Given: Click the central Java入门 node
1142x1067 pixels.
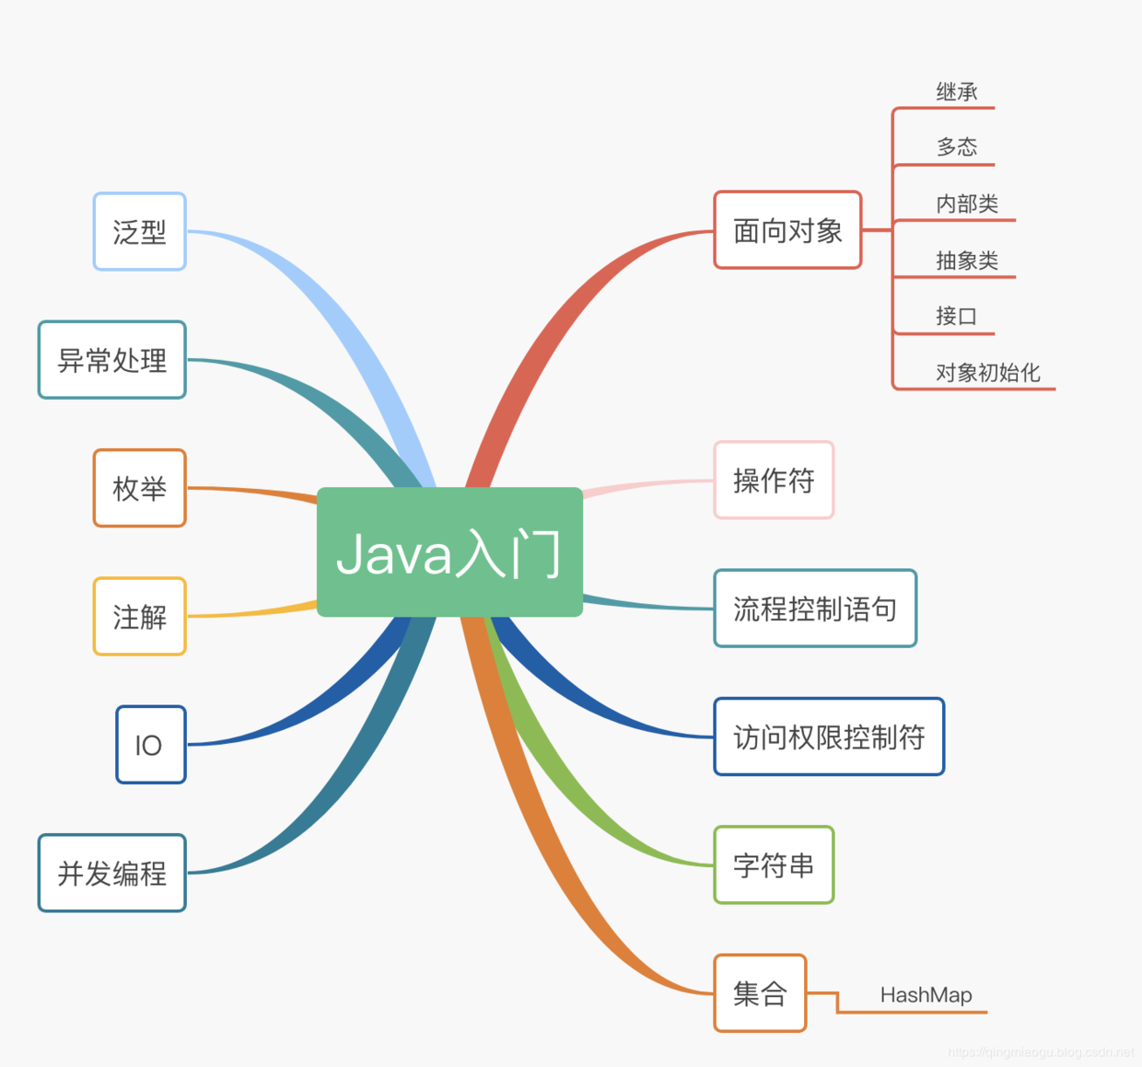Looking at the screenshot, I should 449,551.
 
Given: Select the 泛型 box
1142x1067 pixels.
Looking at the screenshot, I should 140,232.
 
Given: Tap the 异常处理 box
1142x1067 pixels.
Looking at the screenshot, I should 112,360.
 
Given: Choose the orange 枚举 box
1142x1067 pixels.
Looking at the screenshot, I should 140,488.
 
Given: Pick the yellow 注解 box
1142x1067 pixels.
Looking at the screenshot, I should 140,617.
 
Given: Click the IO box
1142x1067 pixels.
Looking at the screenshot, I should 151,745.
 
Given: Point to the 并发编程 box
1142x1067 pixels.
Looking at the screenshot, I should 112,873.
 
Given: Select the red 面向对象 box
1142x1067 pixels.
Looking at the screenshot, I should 787,230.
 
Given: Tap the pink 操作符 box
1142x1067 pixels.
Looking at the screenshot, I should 774,481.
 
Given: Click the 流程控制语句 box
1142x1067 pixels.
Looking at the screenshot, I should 815,609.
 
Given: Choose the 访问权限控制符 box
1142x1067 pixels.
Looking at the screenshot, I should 829,736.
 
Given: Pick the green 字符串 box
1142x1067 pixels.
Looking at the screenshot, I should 774,865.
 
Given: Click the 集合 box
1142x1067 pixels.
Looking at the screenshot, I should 760,993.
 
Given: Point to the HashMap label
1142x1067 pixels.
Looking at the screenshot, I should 926,995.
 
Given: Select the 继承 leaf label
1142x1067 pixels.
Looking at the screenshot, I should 956,92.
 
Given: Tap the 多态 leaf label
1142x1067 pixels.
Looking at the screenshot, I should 956,147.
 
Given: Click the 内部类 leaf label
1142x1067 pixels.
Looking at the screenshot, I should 967,203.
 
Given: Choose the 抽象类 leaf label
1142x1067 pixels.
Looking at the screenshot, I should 967,261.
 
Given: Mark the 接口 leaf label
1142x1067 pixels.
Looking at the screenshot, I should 956,317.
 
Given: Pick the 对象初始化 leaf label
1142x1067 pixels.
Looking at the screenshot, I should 987,373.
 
